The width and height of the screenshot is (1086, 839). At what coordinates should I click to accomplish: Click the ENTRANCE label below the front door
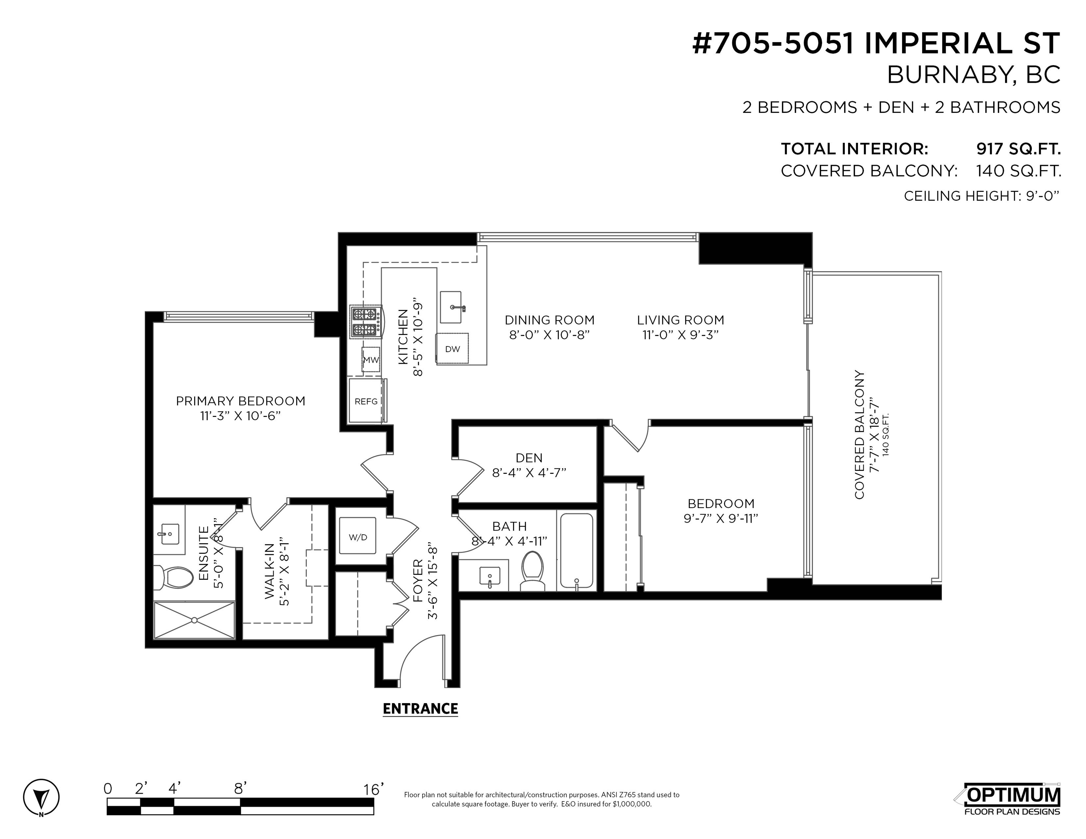[x=420, y=708]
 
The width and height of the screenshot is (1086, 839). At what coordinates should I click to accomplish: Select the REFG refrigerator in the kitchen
[x=366, y=401]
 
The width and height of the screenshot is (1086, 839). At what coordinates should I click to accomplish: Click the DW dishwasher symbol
[x=452, y=349]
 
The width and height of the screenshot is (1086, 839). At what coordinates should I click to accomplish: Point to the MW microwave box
[x=371, y=359]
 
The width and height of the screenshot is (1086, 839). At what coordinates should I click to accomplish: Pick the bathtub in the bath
[x=577, y=551]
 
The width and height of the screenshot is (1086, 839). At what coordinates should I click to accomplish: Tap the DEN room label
[x=529, y=458]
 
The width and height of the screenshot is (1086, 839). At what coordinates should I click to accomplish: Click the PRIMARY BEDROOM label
[x=241, y=401]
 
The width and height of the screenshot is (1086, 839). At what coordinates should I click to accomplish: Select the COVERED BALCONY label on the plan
[x=860, y=434]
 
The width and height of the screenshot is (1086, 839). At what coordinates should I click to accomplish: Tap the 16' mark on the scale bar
[x=374, y=789]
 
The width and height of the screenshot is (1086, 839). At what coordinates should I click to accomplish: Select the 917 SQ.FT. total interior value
[x=1018, y=149]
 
